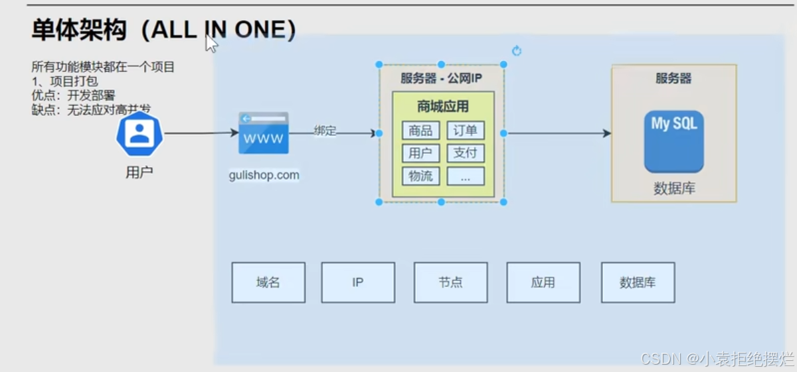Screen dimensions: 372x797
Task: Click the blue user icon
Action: tap(139, 134)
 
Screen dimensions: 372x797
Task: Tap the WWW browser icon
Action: tap(264, 133)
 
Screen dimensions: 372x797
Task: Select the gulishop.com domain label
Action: tap(264, 175)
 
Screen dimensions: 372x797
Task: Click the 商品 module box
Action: tap(420, 130)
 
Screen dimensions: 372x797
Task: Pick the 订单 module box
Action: tap(466, 130)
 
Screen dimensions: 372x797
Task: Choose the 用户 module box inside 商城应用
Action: tap(420, 153)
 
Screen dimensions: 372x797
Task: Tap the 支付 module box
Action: tap(466, 153)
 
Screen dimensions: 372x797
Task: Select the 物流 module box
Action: tap(420, 176)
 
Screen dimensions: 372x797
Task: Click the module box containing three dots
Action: tap(466, 176)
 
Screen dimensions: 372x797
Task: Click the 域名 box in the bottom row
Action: tap(268, 282)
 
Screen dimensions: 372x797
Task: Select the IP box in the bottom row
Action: tap(358, 282)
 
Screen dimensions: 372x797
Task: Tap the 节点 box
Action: tap(450, 282)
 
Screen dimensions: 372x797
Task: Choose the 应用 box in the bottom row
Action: tap(543, 282)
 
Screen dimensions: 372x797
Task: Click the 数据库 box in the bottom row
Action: tap(638, 282)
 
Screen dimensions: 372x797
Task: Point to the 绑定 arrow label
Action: tap(325, 131)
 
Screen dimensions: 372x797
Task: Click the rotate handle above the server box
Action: tap(517, 51)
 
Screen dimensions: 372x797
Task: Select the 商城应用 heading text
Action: tap(443, 106)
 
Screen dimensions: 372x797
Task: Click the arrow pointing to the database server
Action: tap(558, 133)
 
